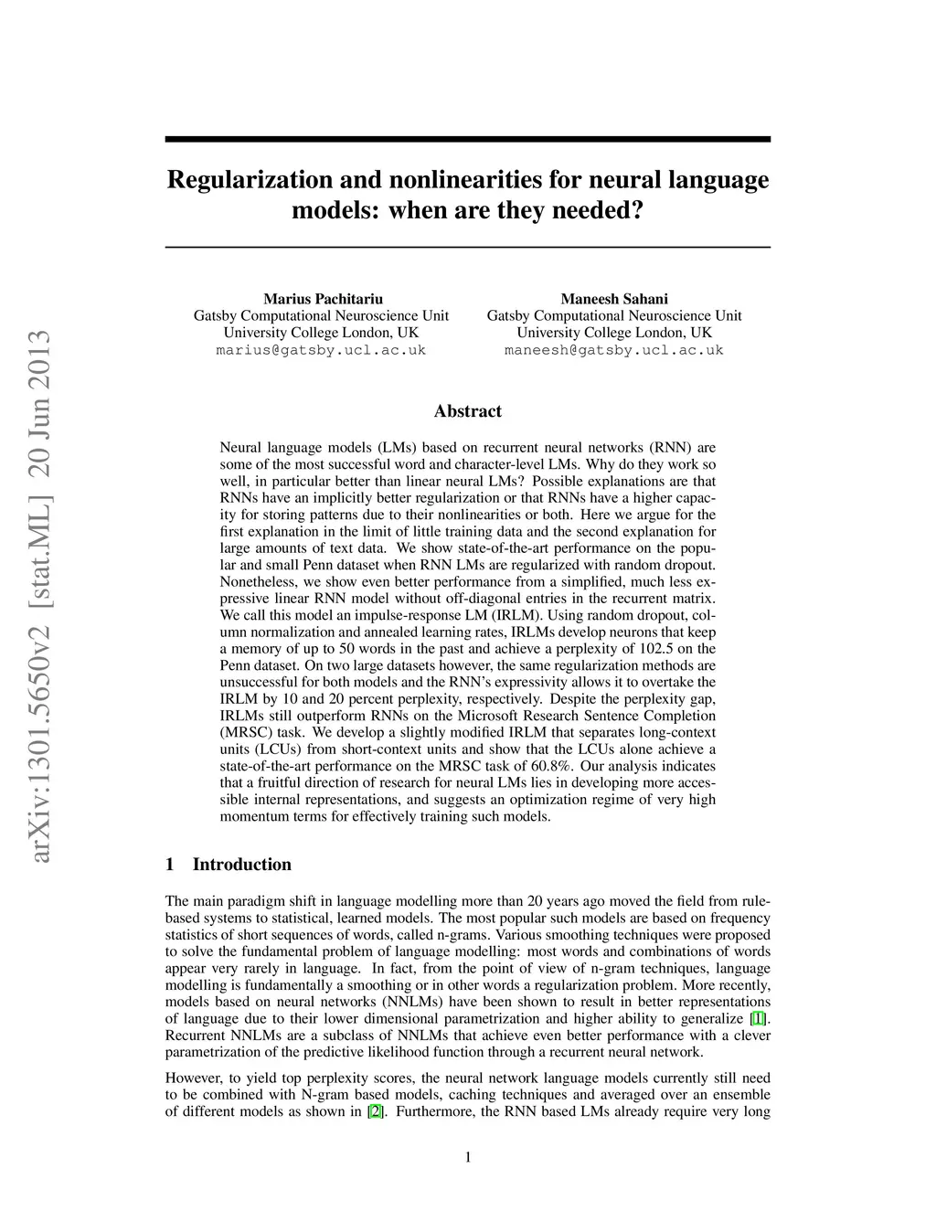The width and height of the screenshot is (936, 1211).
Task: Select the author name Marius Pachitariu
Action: pos(323,299)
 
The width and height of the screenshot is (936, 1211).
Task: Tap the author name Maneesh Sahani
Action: pos(614,299)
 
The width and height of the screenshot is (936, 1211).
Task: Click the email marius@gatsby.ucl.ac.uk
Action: pos(321,350)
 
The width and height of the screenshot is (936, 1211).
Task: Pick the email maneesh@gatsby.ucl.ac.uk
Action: pos(614,350)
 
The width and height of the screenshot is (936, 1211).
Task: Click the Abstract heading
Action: pos(468,411)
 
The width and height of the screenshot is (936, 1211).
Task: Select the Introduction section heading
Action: pos(241,865)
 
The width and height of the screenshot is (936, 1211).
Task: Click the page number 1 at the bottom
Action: pos(468,1158)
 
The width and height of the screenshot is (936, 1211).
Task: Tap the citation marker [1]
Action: pos(758,1019)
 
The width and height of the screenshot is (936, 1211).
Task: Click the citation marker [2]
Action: pos(375,1112)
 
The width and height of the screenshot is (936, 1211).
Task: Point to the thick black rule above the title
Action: pos(468,139)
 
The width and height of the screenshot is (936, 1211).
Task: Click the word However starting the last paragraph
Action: pos(195,1078)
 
